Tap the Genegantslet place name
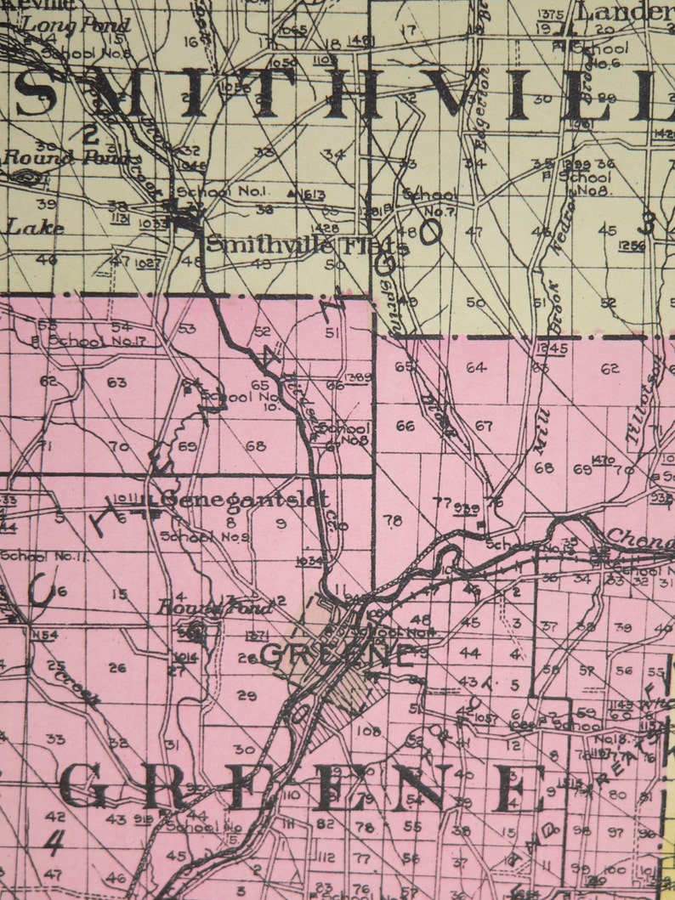[x=244, y=500]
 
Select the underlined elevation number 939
[x=467, y=508]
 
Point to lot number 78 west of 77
[x=393, y=520]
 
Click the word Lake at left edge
[x=25, y=228]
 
